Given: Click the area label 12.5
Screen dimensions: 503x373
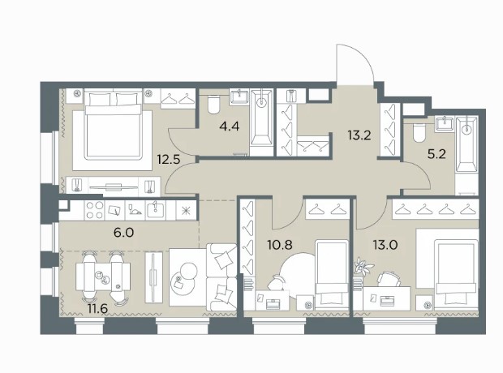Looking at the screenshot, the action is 169,159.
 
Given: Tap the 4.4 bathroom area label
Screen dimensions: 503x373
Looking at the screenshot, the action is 230,126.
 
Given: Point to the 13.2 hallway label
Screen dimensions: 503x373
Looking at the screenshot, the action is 359,135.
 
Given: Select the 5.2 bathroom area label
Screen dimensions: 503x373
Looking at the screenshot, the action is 437,155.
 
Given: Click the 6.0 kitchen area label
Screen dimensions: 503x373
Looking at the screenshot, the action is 123,232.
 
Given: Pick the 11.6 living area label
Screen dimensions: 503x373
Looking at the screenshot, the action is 97,308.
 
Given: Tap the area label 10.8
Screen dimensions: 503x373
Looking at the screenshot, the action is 280,246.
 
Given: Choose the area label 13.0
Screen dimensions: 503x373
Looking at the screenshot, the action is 385,246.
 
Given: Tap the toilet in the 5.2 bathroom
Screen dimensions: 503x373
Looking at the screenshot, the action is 419,132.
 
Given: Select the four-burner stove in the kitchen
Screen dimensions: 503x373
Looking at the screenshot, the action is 94,210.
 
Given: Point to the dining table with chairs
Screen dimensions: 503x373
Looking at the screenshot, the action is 103,277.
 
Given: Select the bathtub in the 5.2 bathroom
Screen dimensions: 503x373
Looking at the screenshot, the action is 466,144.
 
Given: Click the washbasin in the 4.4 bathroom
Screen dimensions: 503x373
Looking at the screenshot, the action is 239,96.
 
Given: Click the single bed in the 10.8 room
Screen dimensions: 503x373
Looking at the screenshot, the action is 332,274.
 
